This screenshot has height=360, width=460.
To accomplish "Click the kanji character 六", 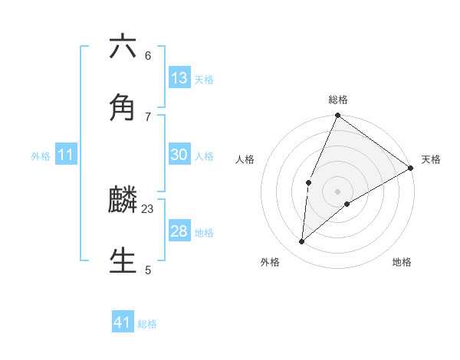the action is [x=123, y=47].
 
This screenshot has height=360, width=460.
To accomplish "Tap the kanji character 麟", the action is [x=123, y=200].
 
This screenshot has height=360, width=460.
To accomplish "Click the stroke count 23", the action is [x=148, y=208].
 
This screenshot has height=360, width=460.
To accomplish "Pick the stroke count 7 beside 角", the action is [x=148, y=116].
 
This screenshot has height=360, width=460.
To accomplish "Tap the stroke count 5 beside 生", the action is [x=148, y=270].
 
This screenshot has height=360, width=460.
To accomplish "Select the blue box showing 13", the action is [x=179, y=78].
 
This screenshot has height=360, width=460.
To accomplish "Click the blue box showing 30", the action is [x=179, y=155].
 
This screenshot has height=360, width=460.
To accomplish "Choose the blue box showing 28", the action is [x=179, y=231].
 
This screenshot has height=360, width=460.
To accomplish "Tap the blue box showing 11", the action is [x=66, y=155].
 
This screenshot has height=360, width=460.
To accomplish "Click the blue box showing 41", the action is [x=123, y=322].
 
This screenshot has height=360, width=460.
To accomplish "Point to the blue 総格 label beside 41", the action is [x=147, y=324].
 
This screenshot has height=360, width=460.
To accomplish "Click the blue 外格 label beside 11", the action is [x=41, y=156].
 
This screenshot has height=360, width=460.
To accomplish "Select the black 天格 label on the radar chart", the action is [x=431, y=159].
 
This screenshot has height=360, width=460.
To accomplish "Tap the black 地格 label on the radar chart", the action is [x=402, y=263].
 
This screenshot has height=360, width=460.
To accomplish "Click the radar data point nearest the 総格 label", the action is [x=337, y=116].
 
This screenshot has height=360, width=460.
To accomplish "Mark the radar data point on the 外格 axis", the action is [x=302, y=242].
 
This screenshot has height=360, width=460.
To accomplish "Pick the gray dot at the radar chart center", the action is [x=337, y=191].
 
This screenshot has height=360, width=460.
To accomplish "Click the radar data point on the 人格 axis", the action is [x=308, y=182].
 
